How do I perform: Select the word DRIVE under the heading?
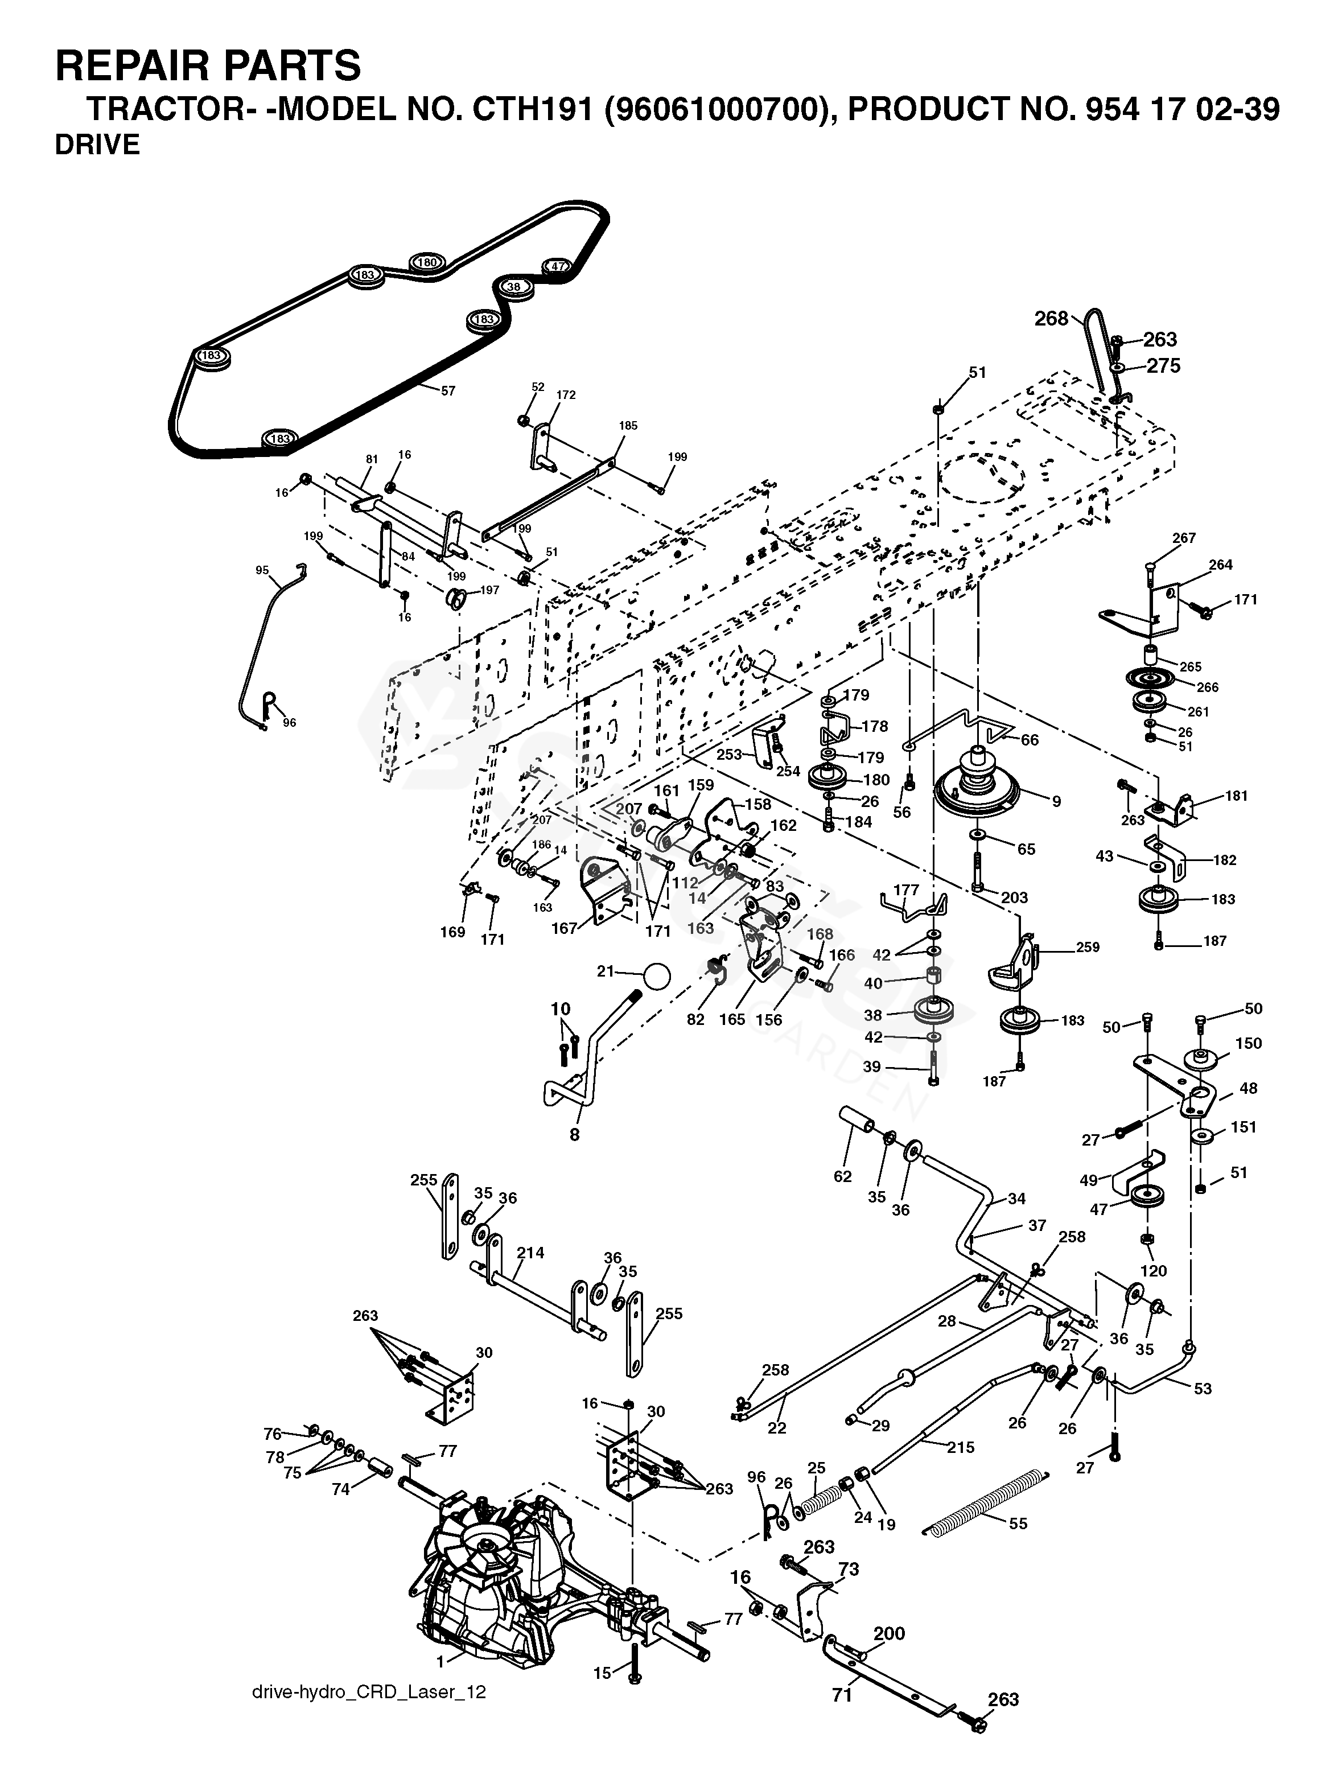[x=97, y=145]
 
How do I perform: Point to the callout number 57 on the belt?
[x=448, y=391]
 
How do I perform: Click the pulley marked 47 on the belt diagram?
[x=557, y=267]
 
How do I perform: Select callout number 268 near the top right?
[x=1051, y=319]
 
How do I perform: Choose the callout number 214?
[x=530, y=1253]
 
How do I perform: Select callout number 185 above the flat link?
[x=628, y=426]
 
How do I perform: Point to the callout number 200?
[x=889, y=1634]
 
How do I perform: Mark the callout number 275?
[x=1163, y=366]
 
